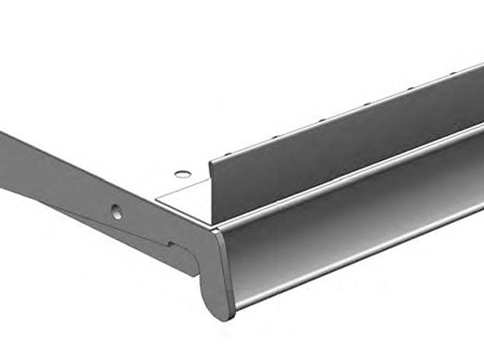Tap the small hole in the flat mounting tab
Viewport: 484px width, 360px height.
point(182,173)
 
